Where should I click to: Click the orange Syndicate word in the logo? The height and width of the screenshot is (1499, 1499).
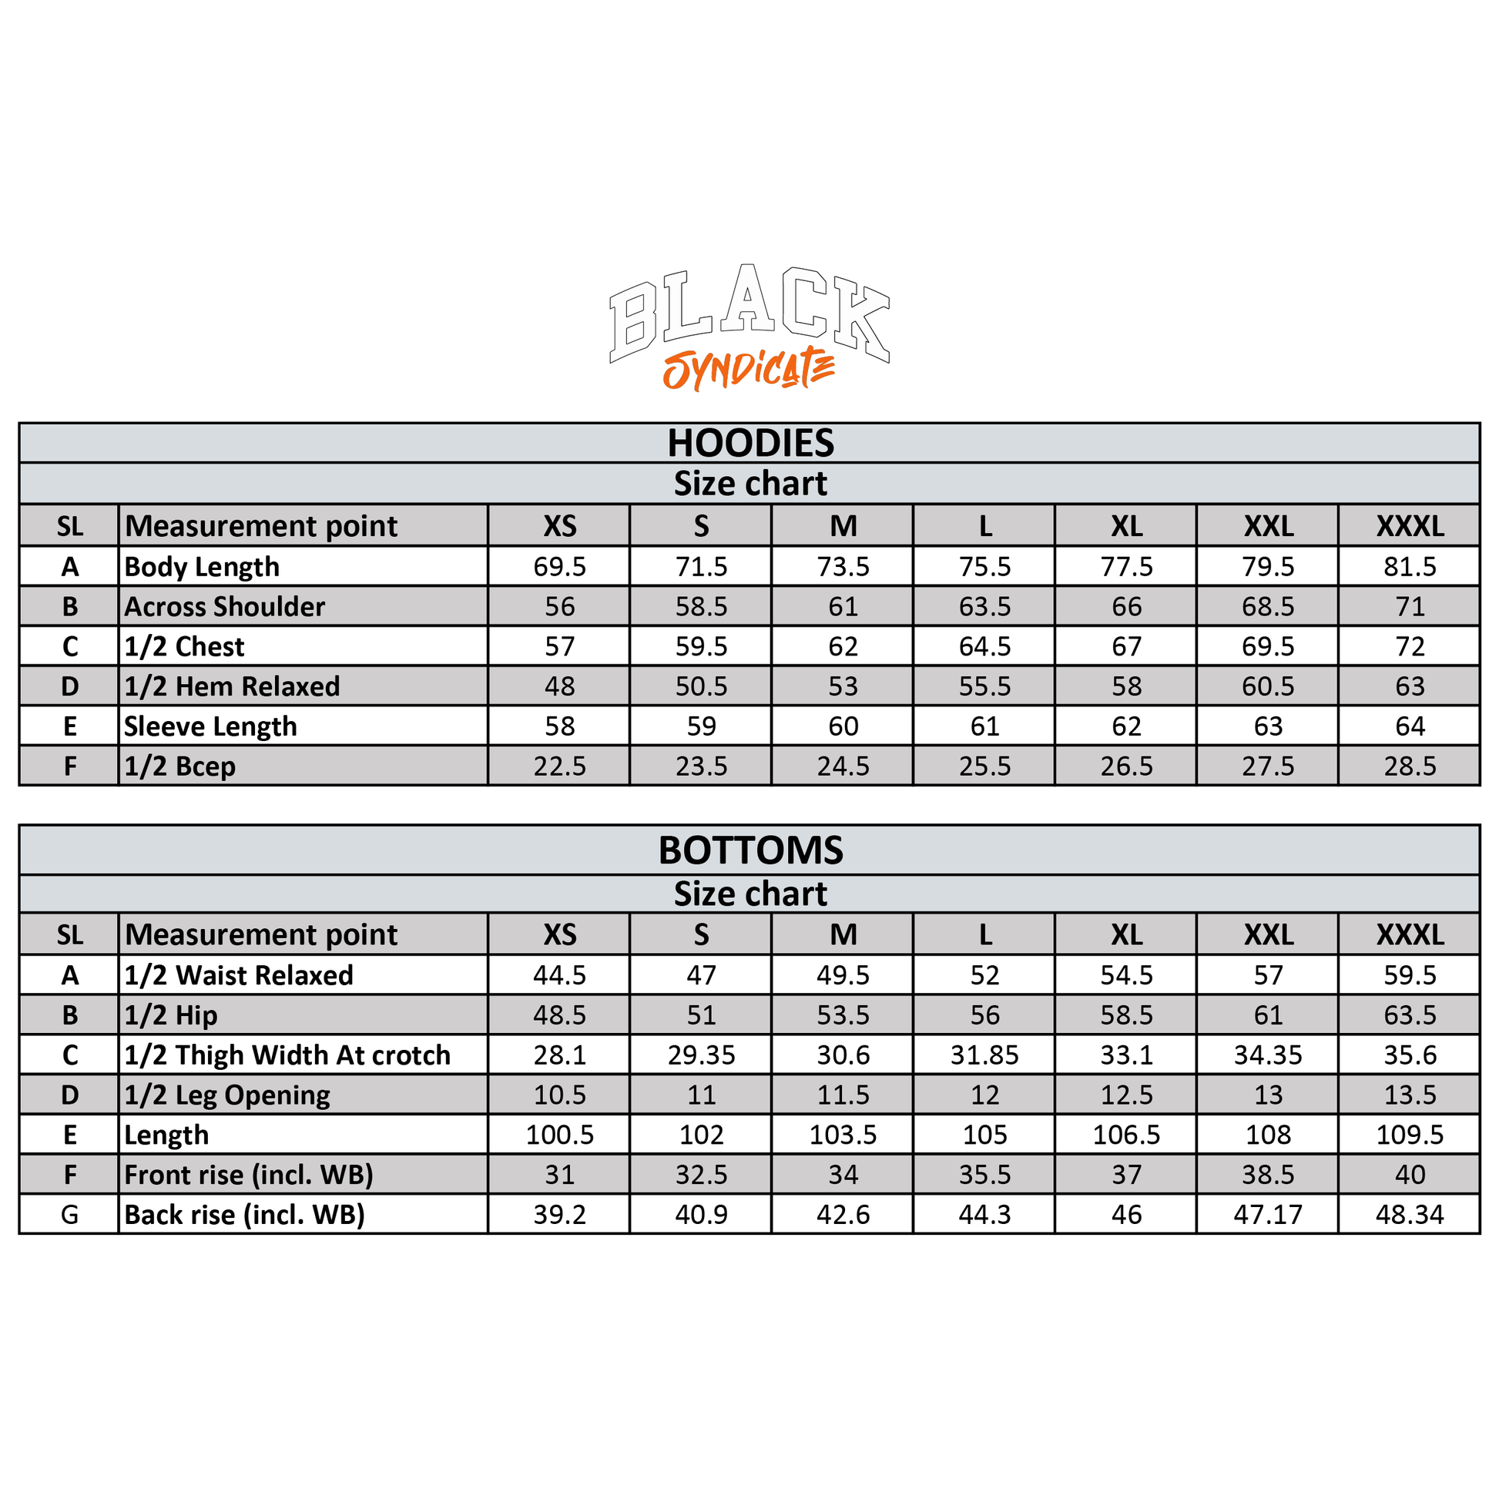[x=749, y=369]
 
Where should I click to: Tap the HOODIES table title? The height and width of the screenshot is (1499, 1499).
[x=750, y=443]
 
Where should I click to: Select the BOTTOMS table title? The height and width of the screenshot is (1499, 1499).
[x=750, y=850]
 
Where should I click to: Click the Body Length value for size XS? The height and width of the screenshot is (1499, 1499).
[x=559, y=566]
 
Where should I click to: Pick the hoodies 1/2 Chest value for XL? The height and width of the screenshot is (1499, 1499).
[x=1127, y=646]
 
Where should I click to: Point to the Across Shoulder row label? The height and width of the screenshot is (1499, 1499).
[x=224, y=607]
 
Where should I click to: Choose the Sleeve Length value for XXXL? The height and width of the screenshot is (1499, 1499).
[x=1410, y=726]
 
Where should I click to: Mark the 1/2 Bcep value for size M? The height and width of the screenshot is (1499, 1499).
[x=843, y=766]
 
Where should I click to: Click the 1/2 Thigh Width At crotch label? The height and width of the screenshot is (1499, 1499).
[x=287, y=1055]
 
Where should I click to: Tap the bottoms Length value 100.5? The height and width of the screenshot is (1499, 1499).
[x=559, y=1135]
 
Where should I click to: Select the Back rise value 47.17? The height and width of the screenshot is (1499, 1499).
[x=1268, y=1215]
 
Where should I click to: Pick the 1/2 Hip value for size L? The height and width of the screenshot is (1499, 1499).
[x=984, y=1015]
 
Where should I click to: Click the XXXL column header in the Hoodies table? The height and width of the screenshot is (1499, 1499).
[x=1410, y=526]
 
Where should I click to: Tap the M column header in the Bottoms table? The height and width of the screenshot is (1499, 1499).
[x=843, y=935]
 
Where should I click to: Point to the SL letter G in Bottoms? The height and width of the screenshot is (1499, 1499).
[x=70, y=1215]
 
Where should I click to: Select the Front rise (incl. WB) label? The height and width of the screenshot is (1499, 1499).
[x=248, y=1175]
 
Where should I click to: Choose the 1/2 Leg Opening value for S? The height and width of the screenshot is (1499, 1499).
[x=702, y=1095]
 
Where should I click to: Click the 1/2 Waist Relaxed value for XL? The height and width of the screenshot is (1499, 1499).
[x=1127, y=975]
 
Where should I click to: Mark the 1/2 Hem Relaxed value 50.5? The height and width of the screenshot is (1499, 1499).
[x=702, y=686]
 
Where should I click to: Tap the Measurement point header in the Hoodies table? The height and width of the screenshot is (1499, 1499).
[x=260, y=526]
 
